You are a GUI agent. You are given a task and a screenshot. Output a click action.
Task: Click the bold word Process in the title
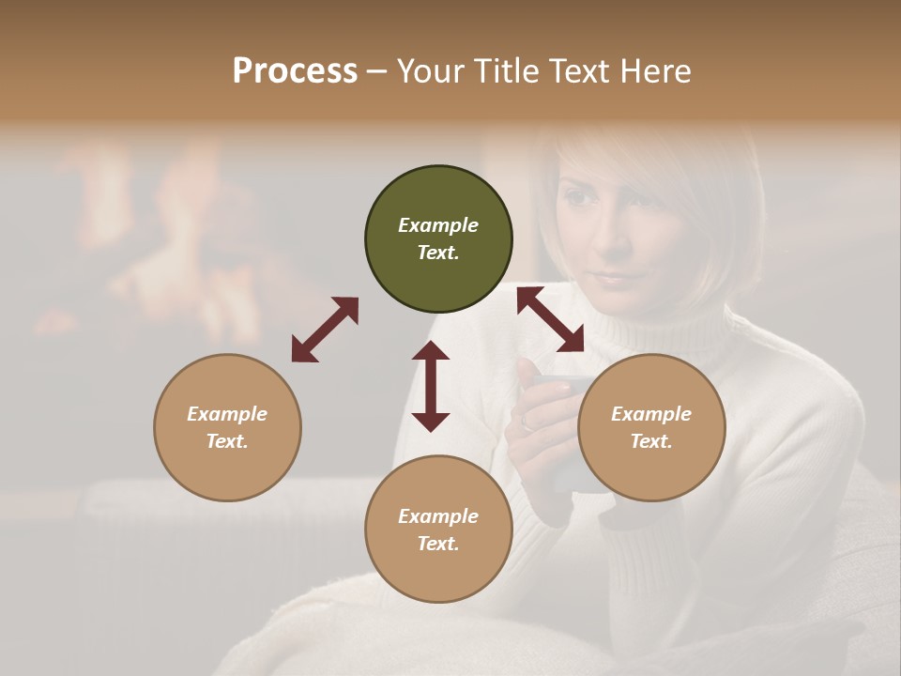click(295, 71)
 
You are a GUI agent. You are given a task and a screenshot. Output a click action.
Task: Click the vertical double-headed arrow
click(431, 386)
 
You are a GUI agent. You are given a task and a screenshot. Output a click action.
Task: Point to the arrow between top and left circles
click(325, 330)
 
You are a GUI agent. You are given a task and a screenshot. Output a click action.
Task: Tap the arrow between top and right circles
click(550, 320)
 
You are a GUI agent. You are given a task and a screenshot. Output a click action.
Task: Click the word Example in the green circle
click(438, 225)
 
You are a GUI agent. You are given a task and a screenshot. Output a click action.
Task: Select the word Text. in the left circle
click(227, 441)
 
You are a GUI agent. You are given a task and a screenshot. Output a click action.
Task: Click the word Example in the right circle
click(651, 414)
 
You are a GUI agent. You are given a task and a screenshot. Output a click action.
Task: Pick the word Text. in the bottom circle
click(438, 544)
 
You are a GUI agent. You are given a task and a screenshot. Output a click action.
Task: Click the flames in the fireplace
click(178, 244)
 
